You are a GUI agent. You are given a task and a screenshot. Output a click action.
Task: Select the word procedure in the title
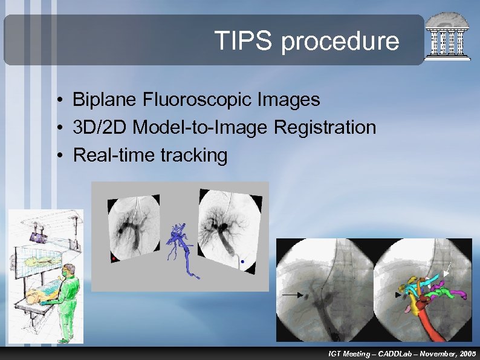point(340,41)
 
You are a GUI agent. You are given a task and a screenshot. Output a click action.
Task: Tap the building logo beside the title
point(447,37)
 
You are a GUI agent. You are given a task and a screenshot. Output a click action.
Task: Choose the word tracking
point(194,155)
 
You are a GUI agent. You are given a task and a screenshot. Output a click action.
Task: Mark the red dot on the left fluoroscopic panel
point(112,259)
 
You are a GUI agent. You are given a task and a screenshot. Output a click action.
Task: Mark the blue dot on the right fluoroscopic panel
point(242,262)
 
